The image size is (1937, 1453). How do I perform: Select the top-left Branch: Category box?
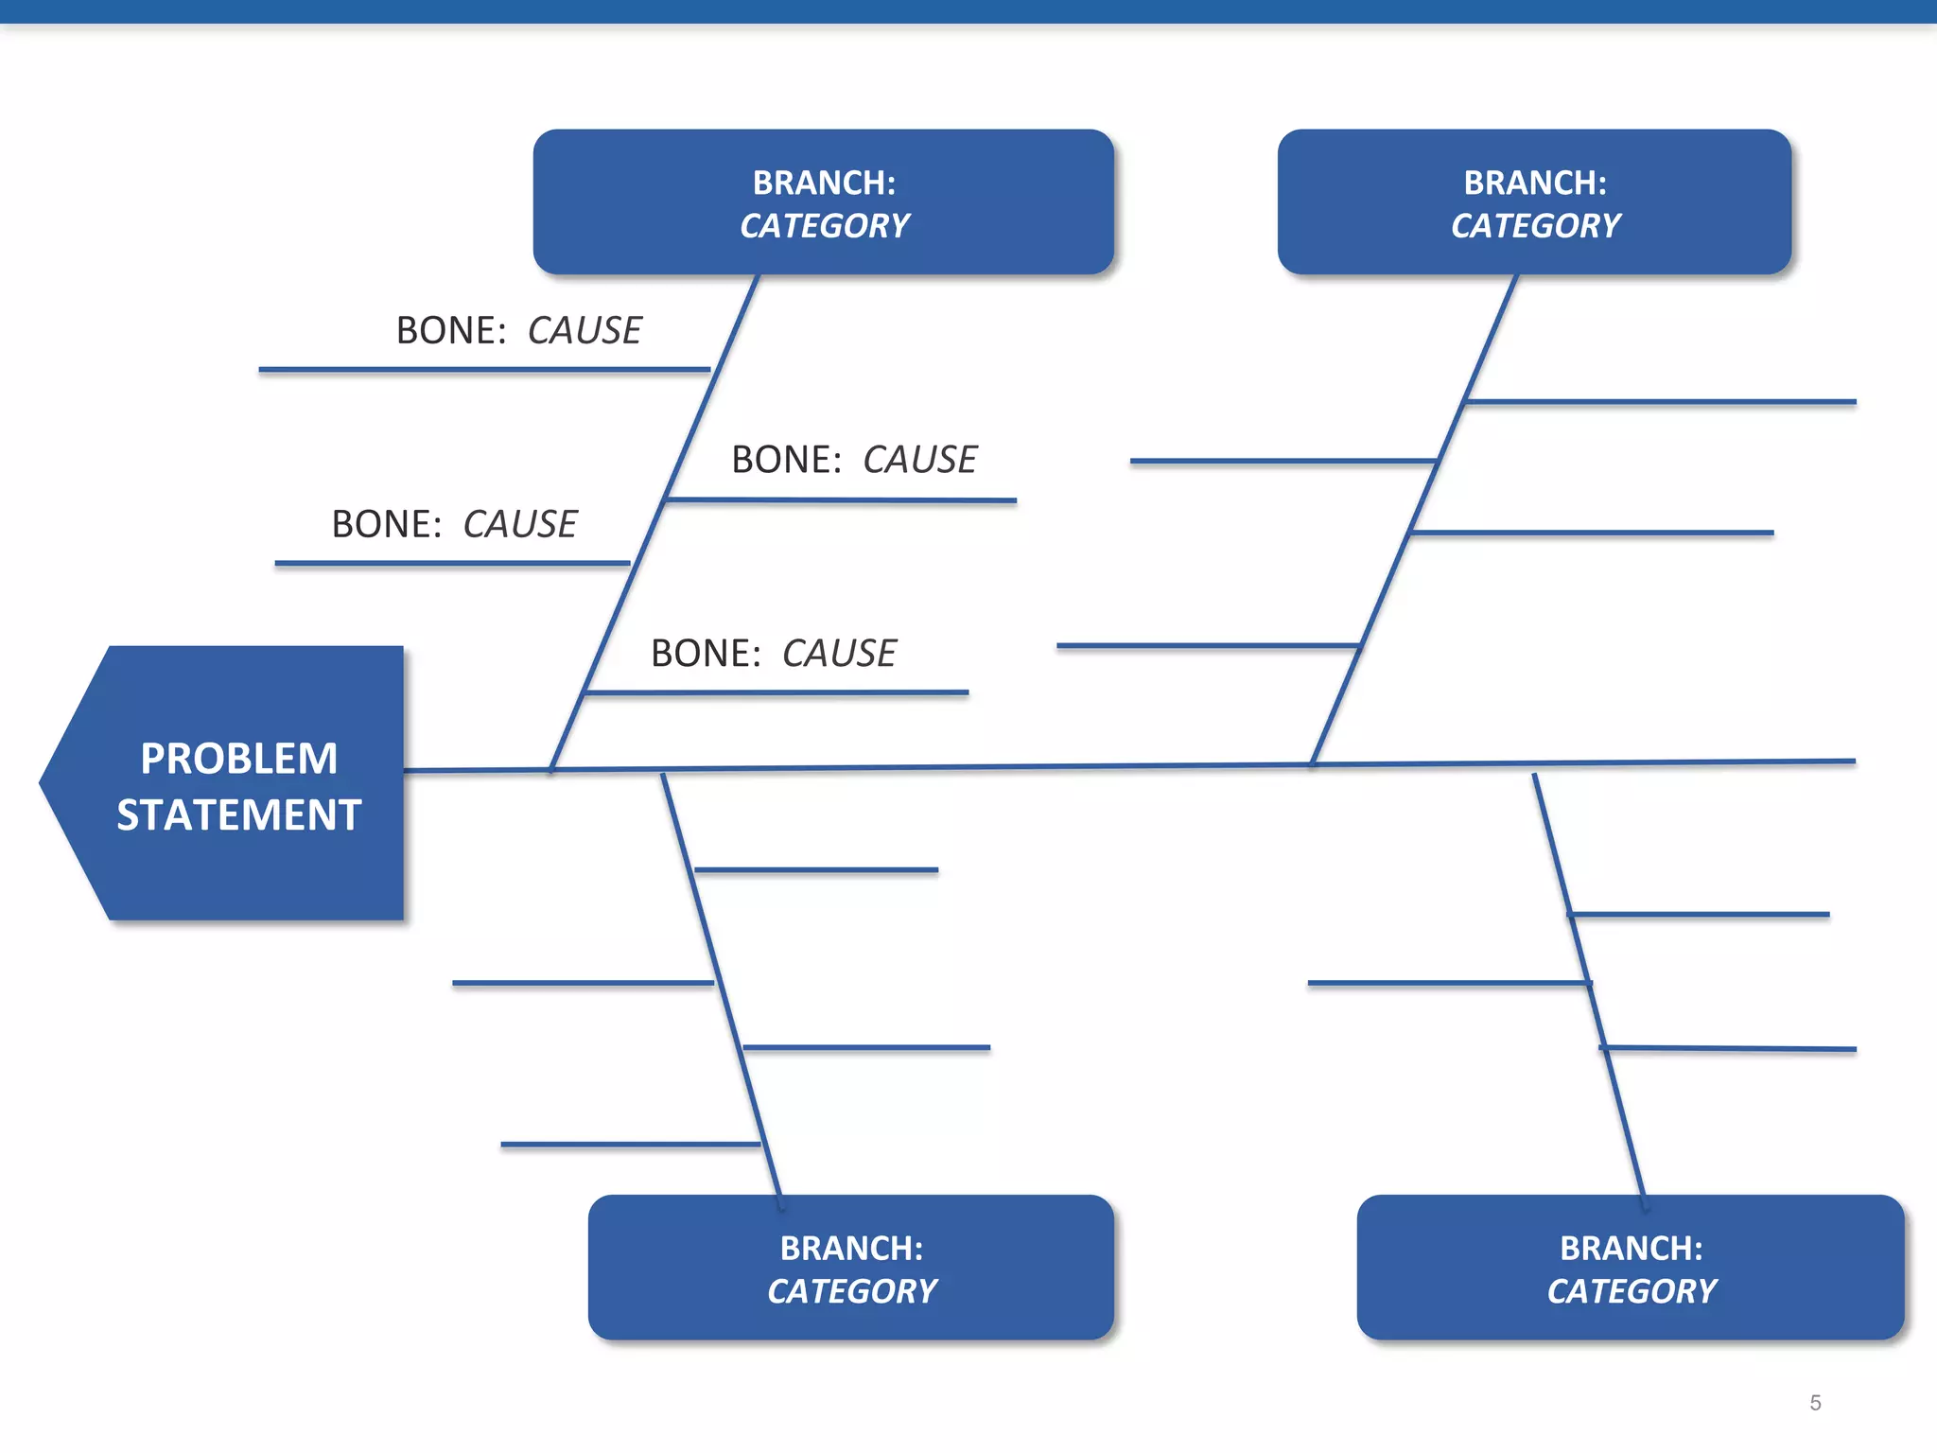click(x=823, y=202)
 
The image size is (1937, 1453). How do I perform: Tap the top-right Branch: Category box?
click(x=1534, y=202)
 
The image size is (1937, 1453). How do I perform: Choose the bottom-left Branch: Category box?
click(x=850, y=1268)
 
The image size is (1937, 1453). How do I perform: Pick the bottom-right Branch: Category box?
click(x=1630, y=1268)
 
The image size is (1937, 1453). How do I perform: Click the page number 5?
click(x=1814, y=1403)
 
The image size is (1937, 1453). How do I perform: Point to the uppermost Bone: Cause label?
click(x=518, y=330)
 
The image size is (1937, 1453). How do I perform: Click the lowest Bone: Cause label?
click(x=773, y=653)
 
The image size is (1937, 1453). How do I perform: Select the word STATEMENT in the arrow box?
click(x=238, y=814)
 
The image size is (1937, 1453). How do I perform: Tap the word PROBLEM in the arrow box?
click(x=238, y=758)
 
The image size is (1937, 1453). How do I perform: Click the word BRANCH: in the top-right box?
click(x=1534, y=183)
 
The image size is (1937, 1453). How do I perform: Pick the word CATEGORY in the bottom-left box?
click(x=851, y=1291)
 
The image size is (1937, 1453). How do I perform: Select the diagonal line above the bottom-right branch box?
click(x=1589, y=984)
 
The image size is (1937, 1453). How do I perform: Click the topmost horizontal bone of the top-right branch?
click(x=1660, y=402)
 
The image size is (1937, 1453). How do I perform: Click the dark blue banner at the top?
click(x=968, y=10)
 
